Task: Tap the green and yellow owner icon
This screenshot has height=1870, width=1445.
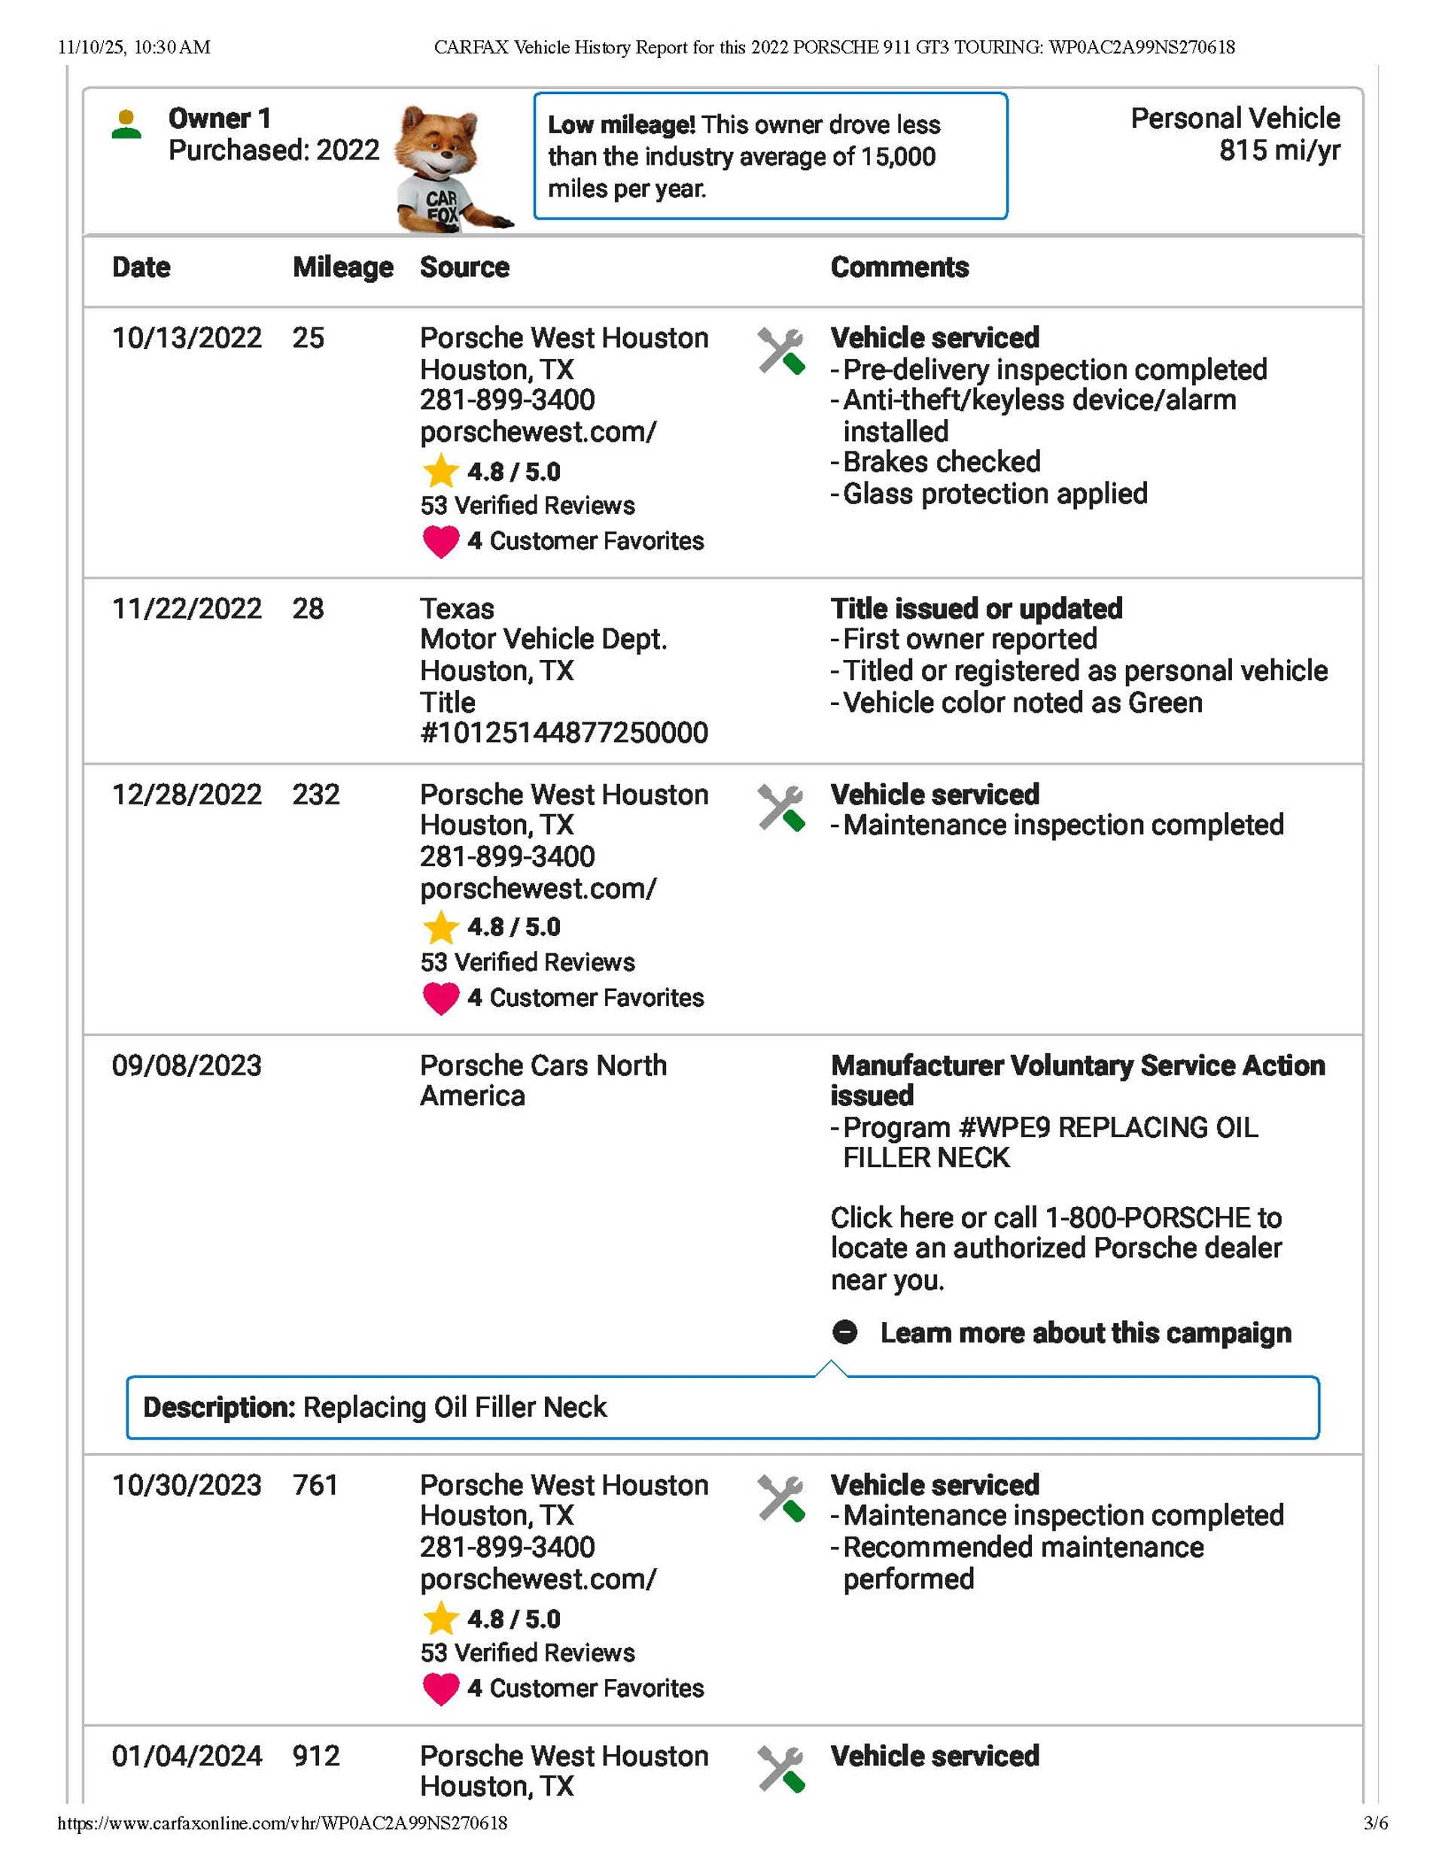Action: [x=126, y=124]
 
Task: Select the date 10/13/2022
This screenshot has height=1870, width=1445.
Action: [x=187, y=338]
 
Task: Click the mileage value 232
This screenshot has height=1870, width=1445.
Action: [x=315, y=795]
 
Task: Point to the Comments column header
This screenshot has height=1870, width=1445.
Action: [x=899, y=267]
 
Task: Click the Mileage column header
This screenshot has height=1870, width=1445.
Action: [x=342, y=267]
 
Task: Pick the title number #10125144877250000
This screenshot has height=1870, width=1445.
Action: [x=564, y=733]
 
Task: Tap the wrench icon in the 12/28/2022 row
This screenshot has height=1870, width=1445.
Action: [x=780, y=807]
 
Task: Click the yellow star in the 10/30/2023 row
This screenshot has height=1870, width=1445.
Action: [x=440, y=1618]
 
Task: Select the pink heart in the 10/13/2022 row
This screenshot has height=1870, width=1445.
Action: [x=440, y=541]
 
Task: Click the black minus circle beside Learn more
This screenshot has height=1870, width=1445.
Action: [x=844, y=1332]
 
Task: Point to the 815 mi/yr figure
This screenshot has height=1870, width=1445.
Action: [x=1279, y=151]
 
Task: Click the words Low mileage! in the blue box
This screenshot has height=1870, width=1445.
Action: [x=621, y=125]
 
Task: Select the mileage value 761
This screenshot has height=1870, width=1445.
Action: [x=315, y=1485]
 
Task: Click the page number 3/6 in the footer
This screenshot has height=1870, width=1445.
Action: [x=1375, y=1823]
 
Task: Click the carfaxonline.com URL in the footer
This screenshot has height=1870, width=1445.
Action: [x=283, y=1823]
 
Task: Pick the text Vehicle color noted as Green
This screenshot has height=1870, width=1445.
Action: [x=1022, y=703]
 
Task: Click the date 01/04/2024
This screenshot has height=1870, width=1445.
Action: [x=187, y=1756]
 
